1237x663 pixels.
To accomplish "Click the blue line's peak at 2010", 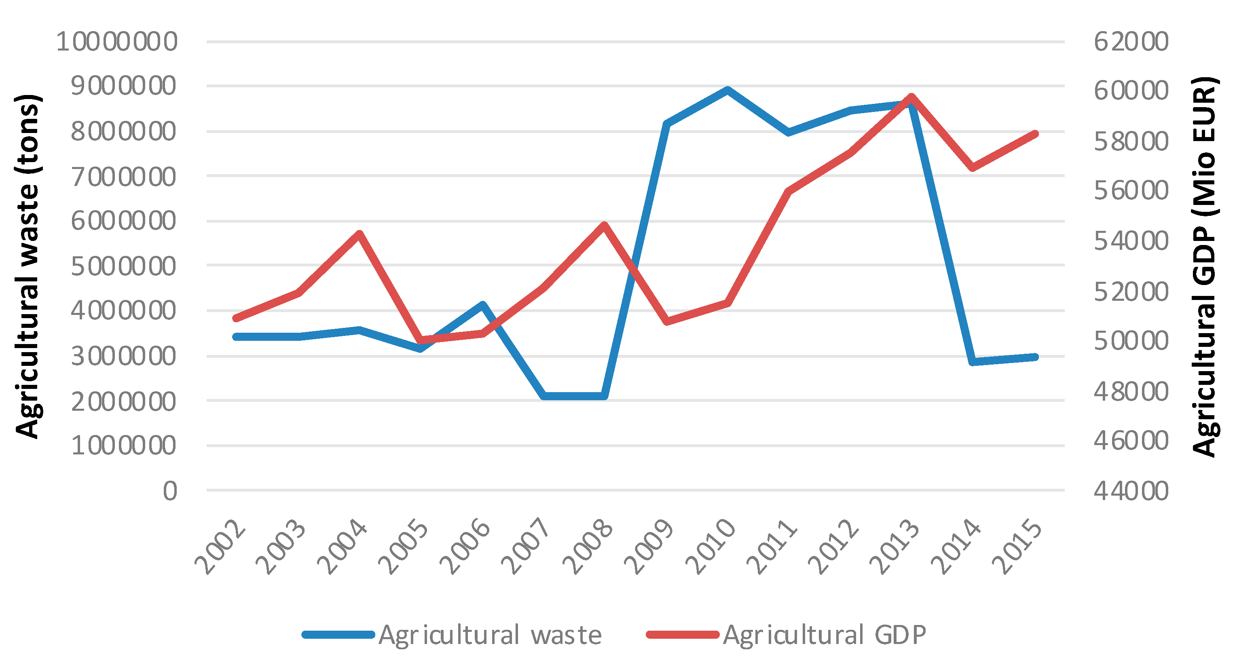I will coord(727,90).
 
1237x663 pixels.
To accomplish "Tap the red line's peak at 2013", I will coord(911,97).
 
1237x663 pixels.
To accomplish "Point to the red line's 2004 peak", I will coord(359,234).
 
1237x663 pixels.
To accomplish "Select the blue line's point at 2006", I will coord(482,305).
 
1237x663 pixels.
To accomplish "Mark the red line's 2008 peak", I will coord(605,226).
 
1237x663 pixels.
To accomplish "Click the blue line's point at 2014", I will coord(973,361).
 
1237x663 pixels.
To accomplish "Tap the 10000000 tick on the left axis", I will coord(117,42).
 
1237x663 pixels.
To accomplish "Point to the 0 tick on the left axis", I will coord(170,491).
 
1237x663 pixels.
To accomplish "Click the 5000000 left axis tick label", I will coord(123,266).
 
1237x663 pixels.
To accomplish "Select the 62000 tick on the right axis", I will coord(1131,42).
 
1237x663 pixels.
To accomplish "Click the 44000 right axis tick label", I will coord(1131,491).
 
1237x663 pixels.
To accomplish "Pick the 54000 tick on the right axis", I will coord(1131,241).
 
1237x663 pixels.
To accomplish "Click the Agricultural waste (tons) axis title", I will coord(28,266).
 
